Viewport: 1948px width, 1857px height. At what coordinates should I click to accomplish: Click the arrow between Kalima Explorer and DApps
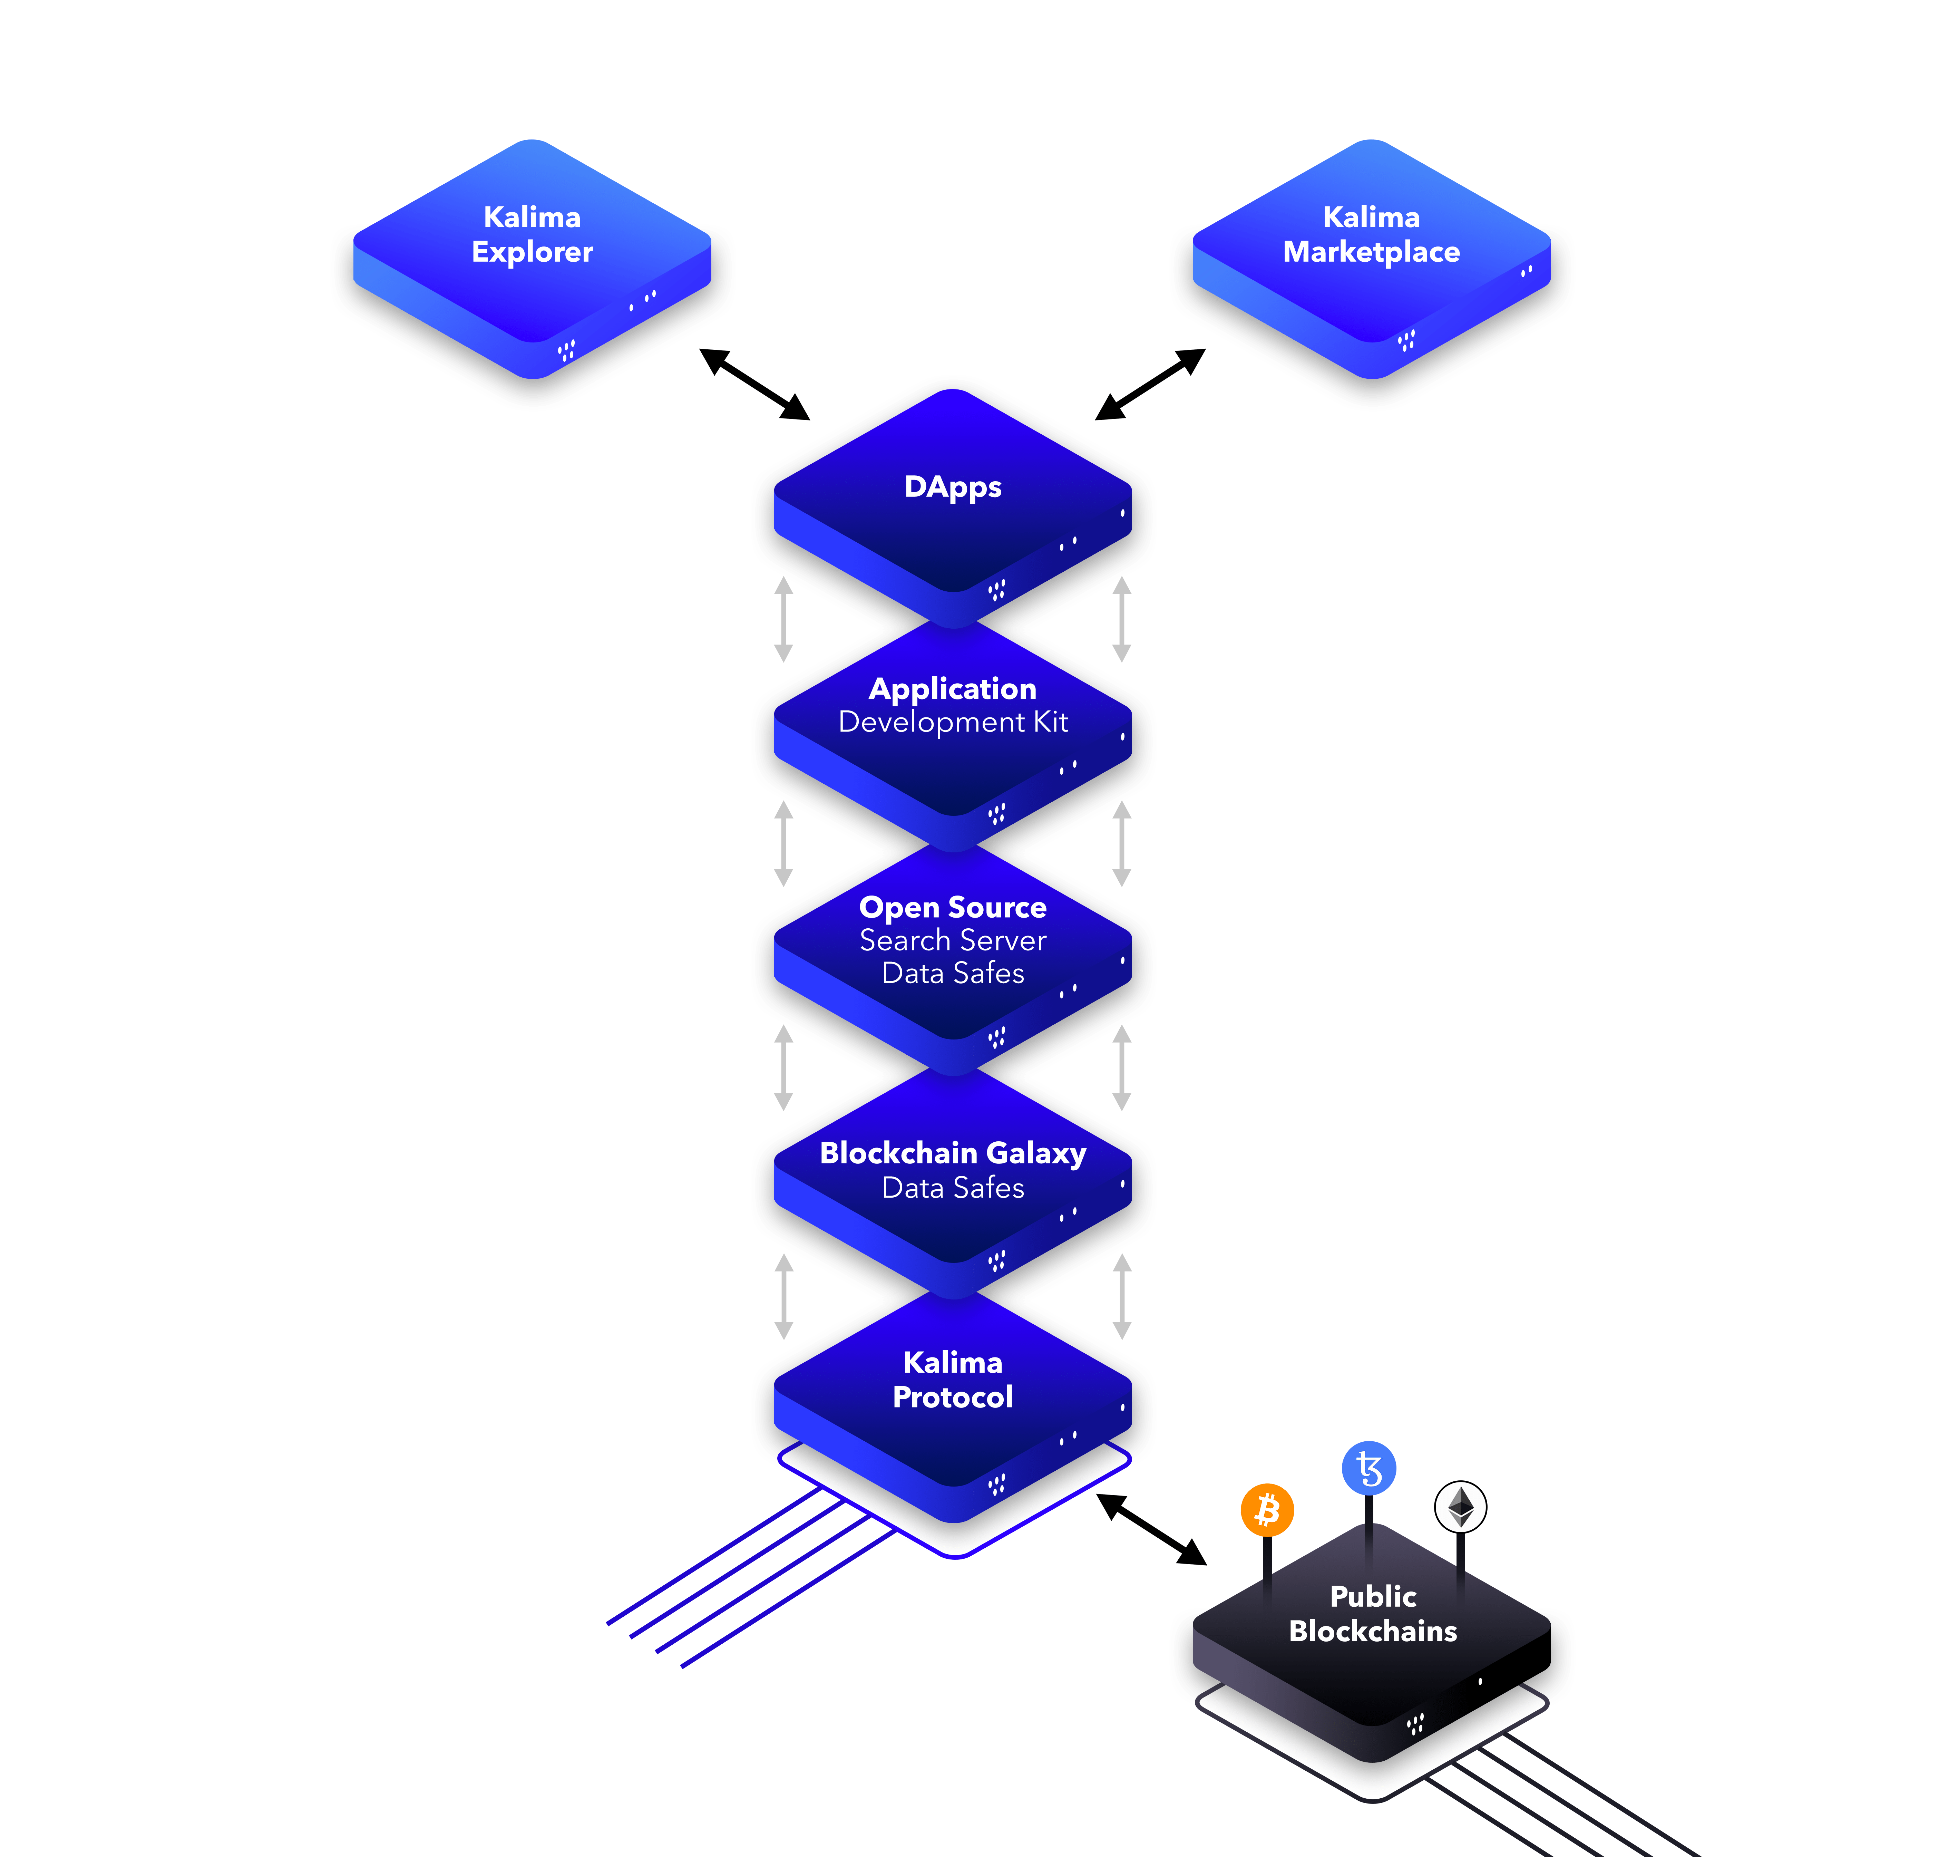tap(754, 384)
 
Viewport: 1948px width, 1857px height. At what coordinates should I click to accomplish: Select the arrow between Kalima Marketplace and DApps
tap(1150, 384)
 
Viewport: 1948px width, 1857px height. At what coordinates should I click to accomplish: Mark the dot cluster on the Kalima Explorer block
tap(566, 350)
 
